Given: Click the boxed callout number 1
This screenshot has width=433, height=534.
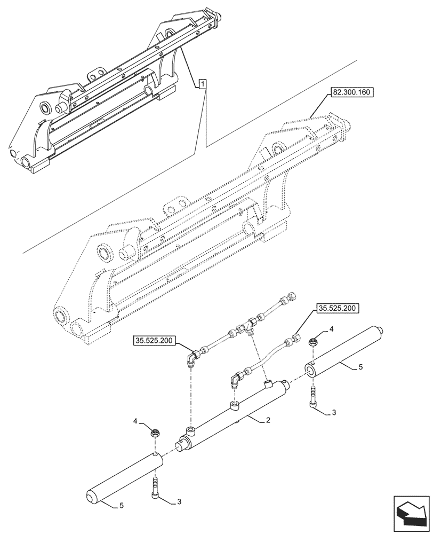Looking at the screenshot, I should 203,83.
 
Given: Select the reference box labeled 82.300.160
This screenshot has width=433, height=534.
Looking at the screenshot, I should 352,92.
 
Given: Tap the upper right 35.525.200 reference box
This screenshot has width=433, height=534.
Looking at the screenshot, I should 338,308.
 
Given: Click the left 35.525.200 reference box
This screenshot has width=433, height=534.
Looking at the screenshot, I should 155,340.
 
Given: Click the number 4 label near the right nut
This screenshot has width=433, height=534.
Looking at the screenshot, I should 332,329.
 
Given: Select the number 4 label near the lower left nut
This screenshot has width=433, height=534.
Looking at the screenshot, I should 136,422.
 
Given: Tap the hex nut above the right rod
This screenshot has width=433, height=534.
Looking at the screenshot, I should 314,339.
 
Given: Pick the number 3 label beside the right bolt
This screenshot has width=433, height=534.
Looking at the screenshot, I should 333,413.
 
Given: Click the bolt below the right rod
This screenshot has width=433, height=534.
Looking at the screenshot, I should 313,397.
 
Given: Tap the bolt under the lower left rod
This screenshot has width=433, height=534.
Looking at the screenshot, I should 155,487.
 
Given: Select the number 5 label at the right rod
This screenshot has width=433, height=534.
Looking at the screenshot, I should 361,367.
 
